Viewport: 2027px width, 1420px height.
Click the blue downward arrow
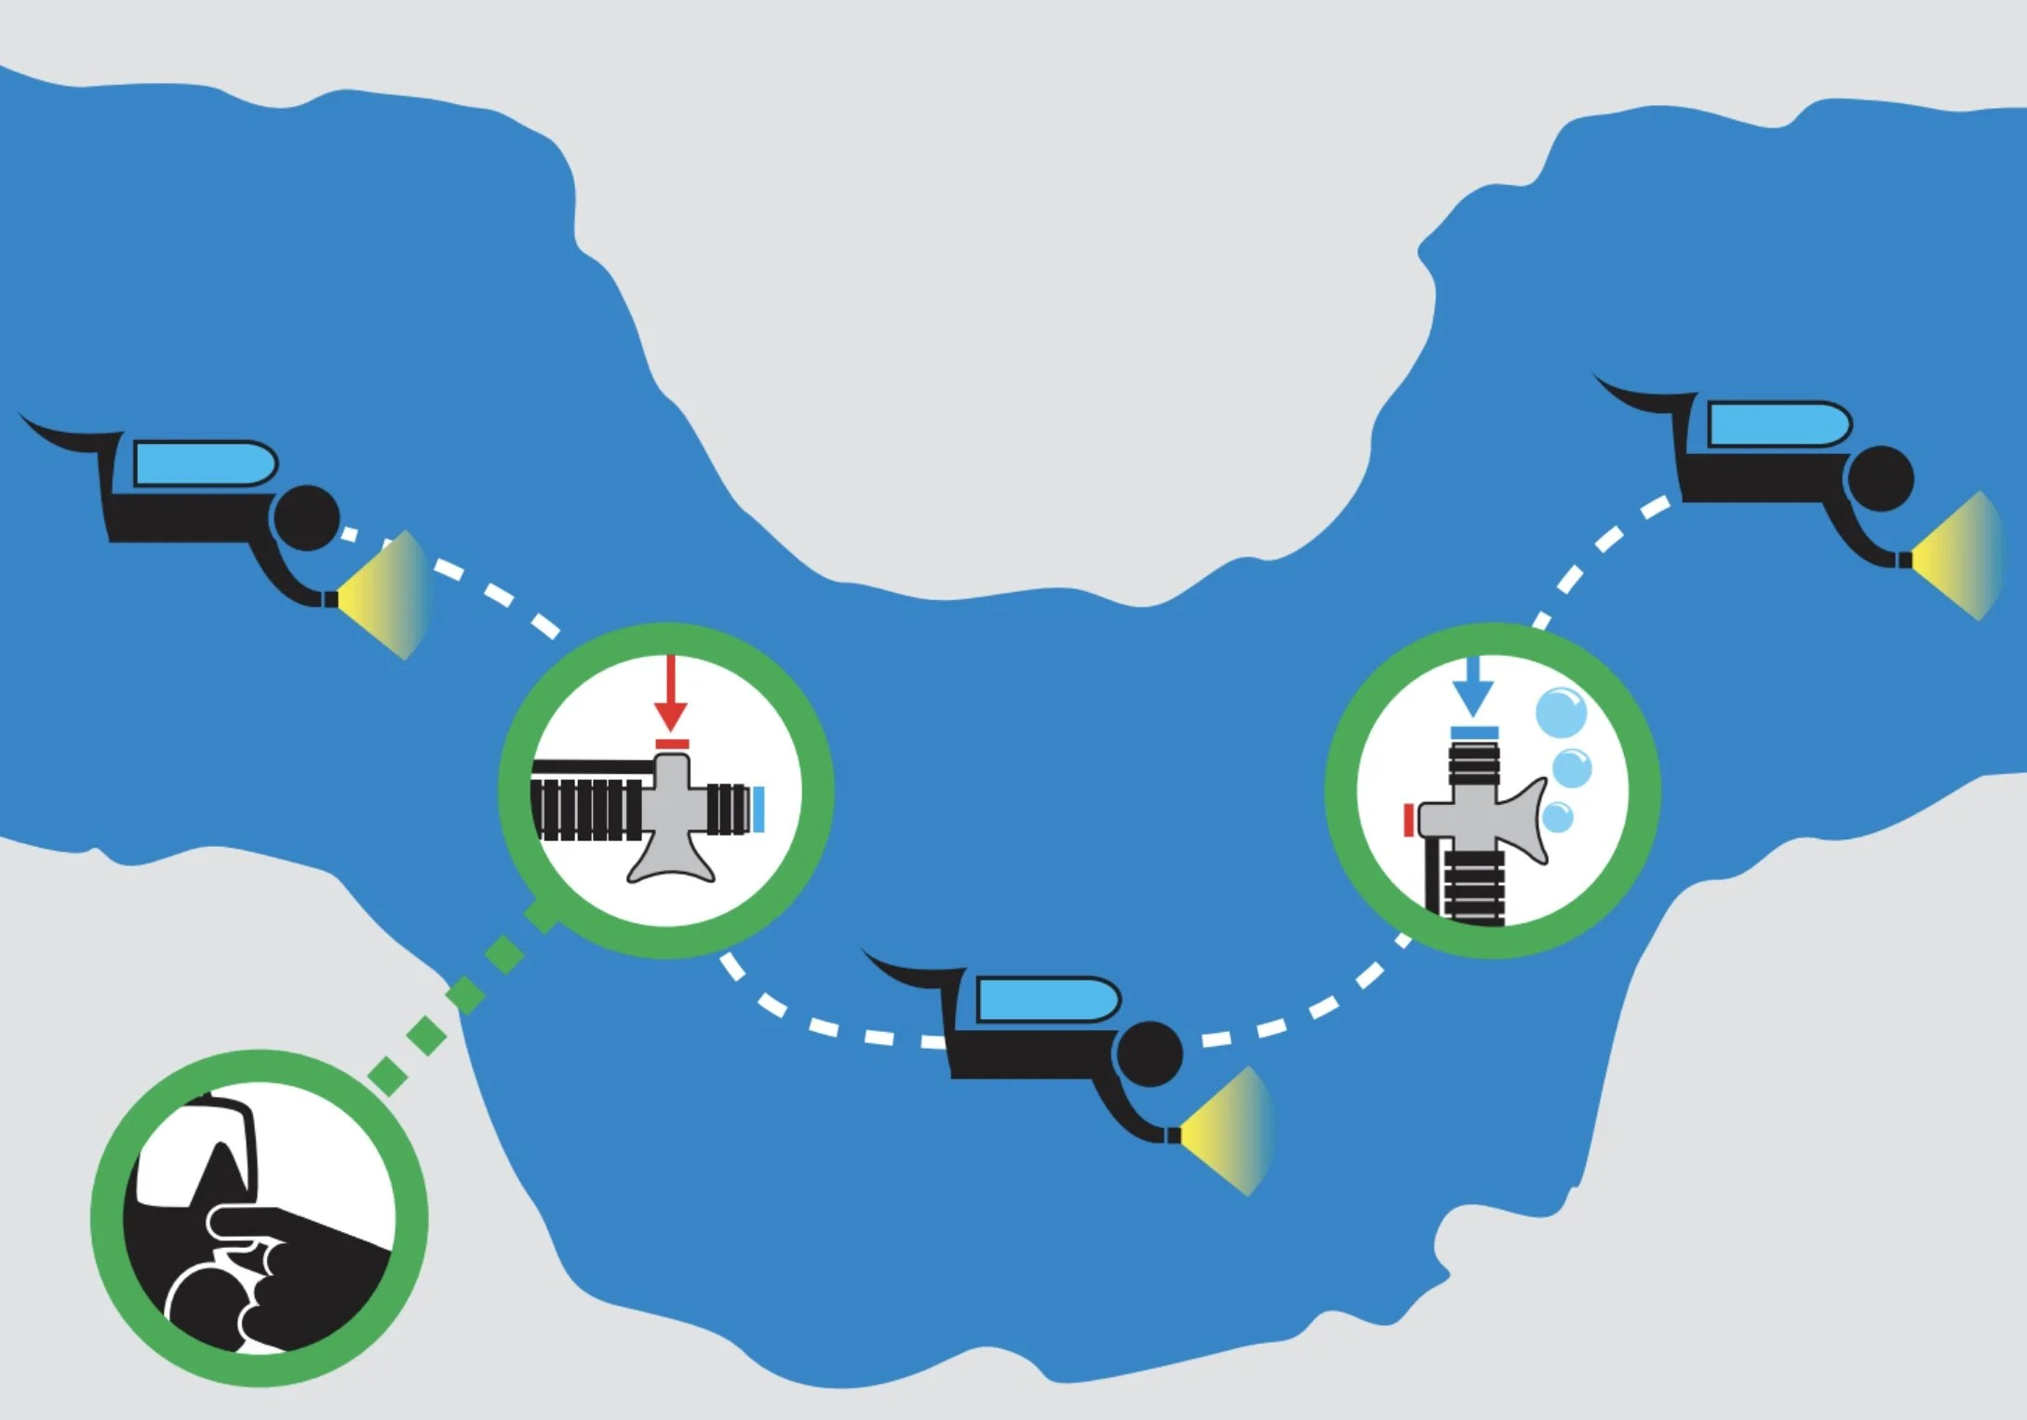(x=1473, y=689)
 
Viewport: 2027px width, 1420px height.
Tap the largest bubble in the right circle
(x=1560, y=714)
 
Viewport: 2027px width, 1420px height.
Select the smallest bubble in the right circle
(x=1557, y=818)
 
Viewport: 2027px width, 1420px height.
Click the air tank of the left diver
(x=205, y=463)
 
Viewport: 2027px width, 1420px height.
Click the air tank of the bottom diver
(x=1047, y=999)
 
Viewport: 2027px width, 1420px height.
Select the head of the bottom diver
(x=1149, y=1053)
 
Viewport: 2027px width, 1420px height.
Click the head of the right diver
(x=1881, y=478)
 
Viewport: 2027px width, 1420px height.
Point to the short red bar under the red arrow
(x=672, y=743)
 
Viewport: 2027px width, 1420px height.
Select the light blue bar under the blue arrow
(x=1473, y=732)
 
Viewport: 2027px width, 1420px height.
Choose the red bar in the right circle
(x=1409, y=820)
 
